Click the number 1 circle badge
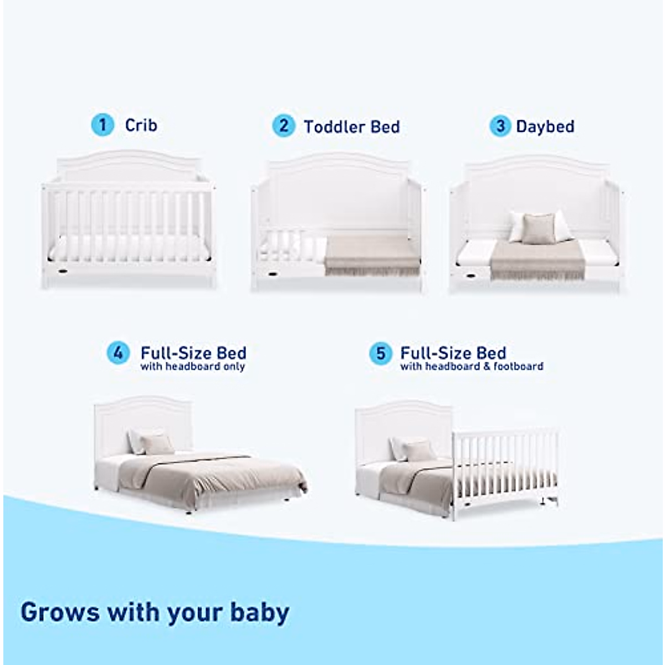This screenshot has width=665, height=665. tap(102, 125)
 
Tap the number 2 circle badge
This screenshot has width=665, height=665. tap(283, 126)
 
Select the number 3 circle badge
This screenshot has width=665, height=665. tap(499, 126)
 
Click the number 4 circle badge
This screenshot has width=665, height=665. tap(118, 353)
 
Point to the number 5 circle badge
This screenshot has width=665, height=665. tap(381, 353)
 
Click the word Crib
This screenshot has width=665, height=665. tap(141, 125)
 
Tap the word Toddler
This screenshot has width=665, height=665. tap(334, 127)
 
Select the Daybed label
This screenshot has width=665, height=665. tap(545, 127)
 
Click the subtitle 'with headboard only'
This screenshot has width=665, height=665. tap(192, 367)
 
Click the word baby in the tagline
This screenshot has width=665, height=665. tap(260, 613)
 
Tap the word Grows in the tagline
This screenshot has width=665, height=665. tap(60, 612)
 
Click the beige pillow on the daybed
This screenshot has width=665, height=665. tap(538, 228)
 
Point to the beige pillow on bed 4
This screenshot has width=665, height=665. tap(157, 444)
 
